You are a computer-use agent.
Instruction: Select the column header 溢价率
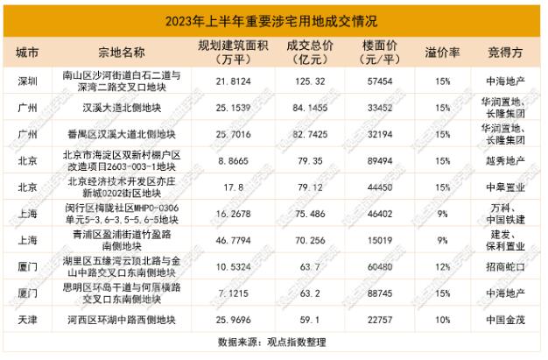443,52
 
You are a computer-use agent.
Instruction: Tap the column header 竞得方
501,52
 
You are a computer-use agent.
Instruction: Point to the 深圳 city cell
28,81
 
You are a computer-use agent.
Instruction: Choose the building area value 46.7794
240,241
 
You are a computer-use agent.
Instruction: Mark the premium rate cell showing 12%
443,267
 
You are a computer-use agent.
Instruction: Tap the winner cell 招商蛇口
501,267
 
